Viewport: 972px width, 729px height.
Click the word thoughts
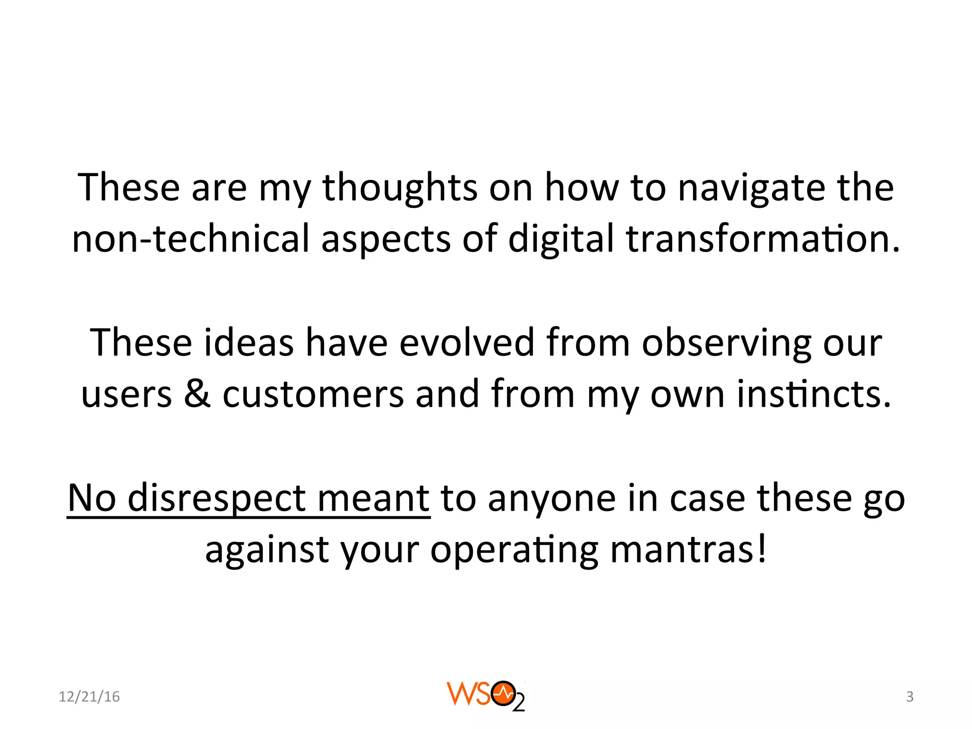click(400, 188)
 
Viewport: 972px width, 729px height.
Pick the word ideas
click(248, 343)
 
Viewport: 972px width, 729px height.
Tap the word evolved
click(467, 343)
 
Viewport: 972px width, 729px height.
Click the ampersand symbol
click(197, 394)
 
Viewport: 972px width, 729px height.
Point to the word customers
click(313, 394)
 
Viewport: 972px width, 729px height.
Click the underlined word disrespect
click(216, 498)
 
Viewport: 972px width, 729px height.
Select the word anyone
click(552, 498)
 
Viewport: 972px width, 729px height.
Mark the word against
click(267, 550)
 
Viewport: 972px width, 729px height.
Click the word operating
click(514, 550)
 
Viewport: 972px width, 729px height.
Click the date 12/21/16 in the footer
click(89, 697)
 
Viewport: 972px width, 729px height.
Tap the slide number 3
click(909, 697)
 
